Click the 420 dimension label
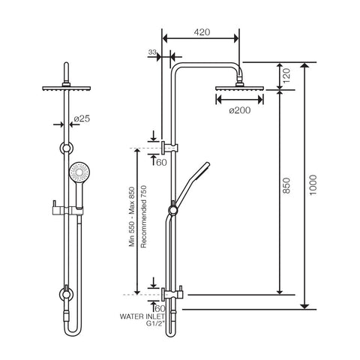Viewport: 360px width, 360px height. pyautogui.click(x=202, y=32)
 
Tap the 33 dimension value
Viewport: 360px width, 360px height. pyautogui.click(x=152, y=52)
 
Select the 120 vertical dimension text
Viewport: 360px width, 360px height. pyautogui.click(x=287, y=76)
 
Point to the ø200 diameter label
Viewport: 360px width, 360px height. pyautogui.click(x=240, y=110)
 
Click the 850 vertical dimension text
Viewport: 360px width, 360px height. pyautogui.click(x=287, y=185)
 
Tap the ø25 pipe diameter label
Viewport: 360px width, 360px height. pyautogui.click(x=82, y=118)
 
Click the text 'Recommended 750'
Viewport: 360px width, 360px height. pyautogui.click(x=143, y=217)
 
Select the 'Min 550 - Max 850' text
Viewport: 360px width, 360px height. pyautogui.click(x=132, y=217)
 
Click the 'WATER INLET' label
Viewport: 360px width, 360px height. pyautogui.click(x=142, y=316)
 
